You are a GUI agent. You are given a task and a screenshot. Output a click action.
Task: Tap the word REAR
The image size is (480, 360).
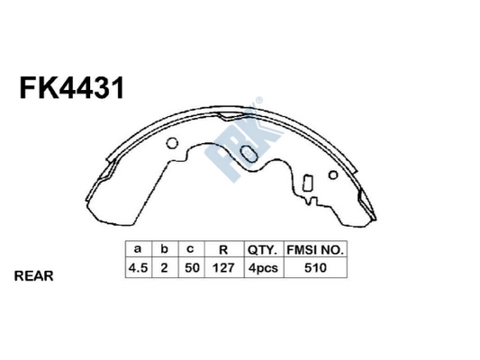[x=34, y=276]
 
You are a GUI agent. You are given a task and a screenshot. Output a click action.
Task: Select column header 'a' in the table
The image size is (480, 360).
[x=137, y=249]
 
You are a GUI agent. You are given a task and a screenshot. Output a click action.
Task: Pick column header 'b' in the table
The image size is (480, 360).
[x=164, y=249]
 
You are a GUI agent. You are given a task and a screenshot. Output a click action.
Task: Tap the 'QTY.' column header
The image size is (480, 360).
[x=259, y=249]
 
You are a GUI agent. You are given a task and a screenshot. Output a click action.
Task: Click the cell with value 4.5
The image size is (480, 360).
[x=137, y=267]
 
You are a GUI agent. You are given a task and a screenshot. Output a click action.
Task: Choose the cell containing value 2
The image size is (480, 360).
[x=164, y=267]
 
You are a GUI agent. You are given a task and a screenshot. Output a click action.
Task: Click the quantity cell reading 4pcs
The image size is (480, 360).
[x=259, y=267]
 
